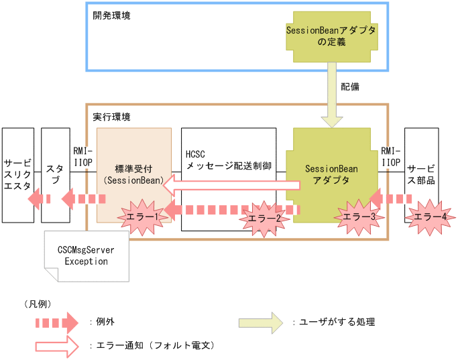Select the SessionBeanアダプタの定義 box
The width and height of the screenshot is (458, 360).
tap(331, 36)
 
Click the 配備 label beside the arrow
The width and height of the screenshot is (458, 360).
tap(349, 86)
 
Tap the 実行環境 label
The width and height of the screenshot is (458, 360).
tap(111, 117)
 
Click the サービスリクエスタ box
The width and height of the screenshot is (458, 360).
tap(17, 175)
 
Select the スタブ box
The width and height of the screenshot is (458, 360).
tap(55, 175)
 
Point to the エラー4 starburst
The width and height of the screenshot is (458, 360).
tap(428, 216)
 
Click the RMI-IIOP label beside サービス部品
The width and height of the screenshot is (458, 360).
tap(391, 157)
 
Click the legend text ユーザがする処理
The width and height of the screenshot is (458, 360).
tap(335, 322)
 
